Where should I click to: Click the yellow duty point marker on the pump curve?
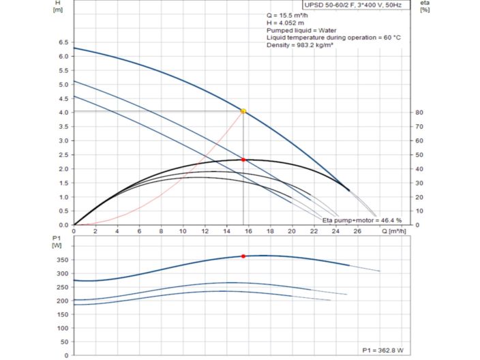(x=243, y=111)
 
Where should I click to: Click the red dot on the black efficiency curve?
(x=243, y=160)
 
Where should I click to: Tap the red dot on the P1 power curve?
(x=243, y=256)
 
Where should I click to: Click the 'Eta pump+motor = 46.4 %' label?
(x=362, y=220)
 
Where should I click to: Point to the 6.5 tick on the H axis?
(x=63, y=42)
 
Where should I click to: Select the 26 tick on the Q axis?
(x=358, y=231)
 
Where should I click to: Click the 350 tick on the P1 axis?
(x=61, y=260)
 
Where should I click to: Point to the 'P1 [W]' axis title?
(x=57, y=241)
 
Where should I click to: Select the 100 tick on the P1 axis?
(x=61, y=328)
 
